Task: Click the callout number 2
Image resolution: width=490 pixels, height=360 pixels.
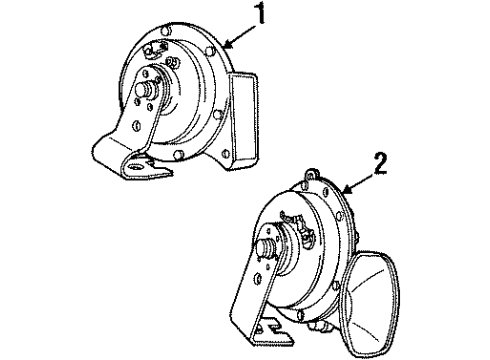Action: tap(380, 161)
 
